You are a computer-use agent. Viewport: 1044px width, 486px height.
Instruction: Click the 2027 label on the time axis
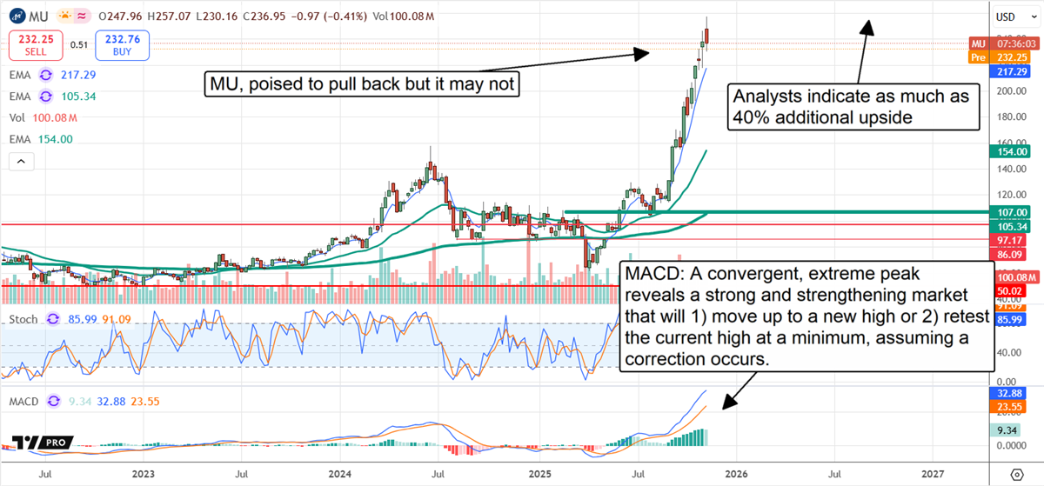933,474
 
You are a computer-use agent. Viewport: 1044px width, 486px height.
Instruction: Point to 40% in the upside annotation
753,117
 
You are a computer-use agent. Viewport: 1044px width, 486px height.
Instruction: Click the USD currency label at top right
1007,17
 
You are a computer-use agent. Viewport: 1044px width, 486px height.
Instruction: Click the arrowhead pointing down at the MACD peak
726,405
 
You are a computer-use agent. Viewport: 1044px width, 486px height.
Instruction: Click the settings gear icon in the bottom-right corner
1017,474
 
